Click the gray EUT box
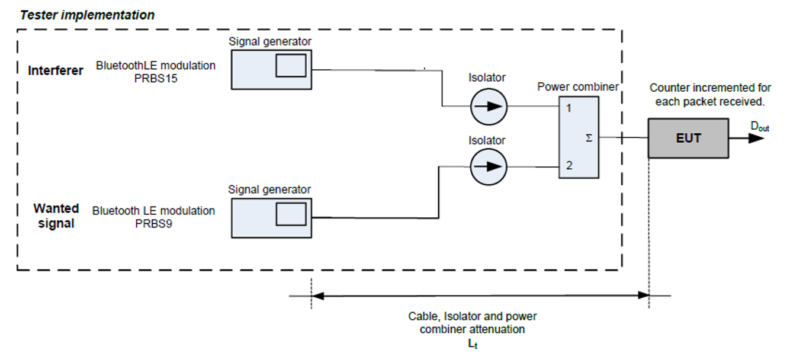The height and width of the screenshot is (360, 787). [x=688, y=138]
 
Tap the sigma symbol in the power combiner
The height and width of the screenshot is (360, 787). [x=589, y=138]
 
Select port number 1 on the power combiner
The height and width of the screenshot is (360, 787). [x=569, y=108]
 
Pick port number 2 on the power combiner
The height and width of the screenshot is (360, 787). [x=569, y=165]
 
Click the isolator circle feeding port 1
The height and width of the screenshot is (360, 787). [x=489, y=107]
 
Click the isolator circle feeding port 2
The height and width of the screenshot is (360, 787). [x=489, y=167]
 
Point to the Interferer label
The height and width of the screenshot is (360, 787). [x=56, y=70]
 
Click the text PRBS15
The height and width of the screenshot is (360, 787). [x=156, y=78]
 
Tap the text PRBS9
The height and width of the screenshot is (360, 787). [x=153, y=224]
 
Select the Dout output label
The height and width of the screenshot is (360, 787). [x=760, y=127]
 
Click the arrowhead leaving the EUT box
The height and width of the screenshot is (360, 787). [x=756, y=138]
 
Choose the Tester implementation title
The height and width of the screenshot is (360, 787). [x=87, y=15]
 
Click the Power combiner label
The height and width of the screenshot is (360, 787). [x=578, y=87]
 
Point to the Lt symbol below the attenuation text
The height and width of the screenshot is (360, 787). [x=473, y=344]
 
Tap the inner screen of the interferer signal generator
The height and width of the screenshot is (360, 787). [x=291, y=65]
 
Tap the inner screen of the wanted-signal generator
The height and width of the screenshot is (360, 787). [x=291, y=214]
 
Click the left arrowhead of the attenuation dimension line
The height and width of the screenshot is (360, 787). [x=317, y=296]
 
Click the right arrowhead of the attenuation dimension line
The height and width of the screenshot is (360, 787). [x=643, y=295]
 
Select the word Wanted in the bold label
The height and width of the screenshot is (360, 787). [x=56, y=208]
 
